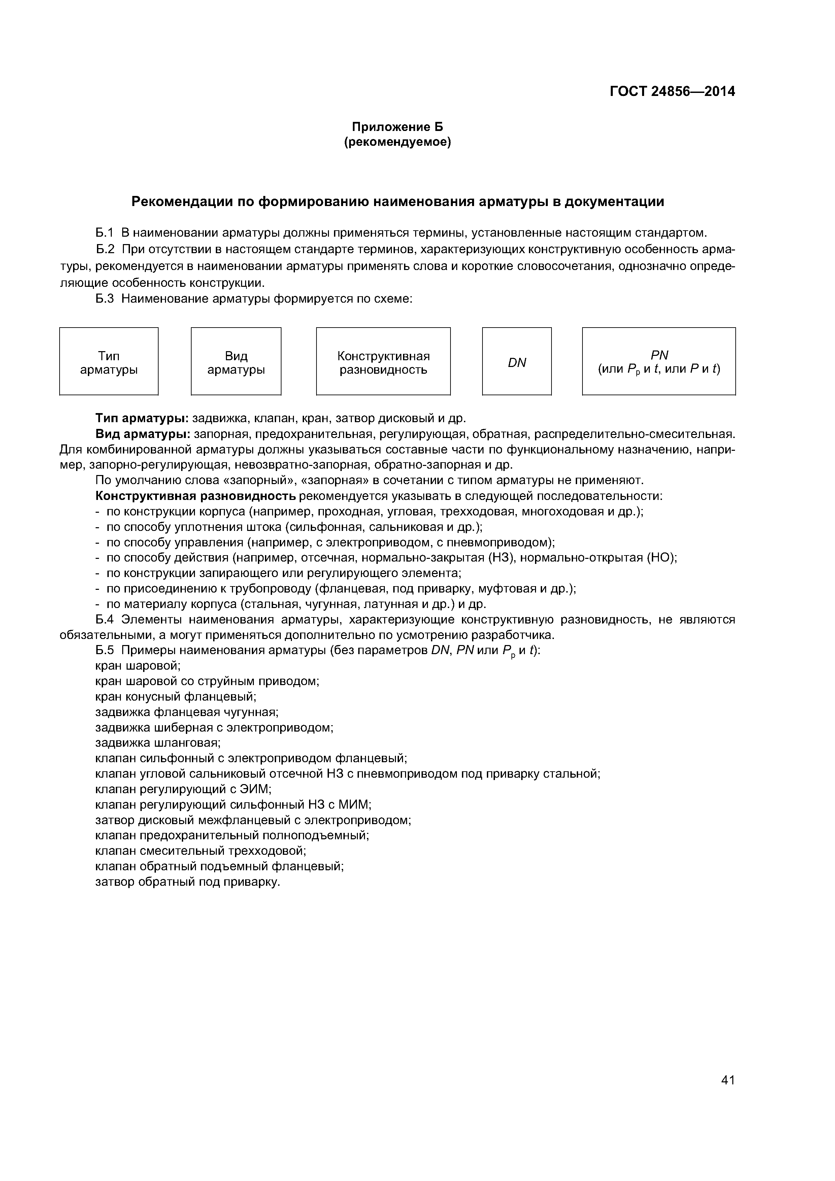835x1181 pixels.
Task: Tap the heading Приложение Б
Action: point(397,127)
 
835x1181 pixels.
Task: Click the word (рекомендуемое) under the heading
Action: point(397,142)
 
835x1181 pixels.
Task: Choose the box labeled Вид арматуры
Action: point(236,361)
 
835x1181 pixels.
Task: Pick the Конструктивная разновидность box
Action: point(383,361)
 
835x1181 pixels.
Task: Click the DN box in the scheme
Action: point(516,361)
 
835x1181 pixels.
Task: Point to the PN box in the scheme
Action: point(659,361)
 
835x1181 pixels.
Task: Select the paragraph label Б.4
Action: point(104,619)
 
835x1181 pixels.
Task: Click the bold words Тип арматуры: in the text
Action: point(142,418)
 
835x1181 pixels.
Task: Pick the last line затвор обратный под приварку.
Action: point(188,882)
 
